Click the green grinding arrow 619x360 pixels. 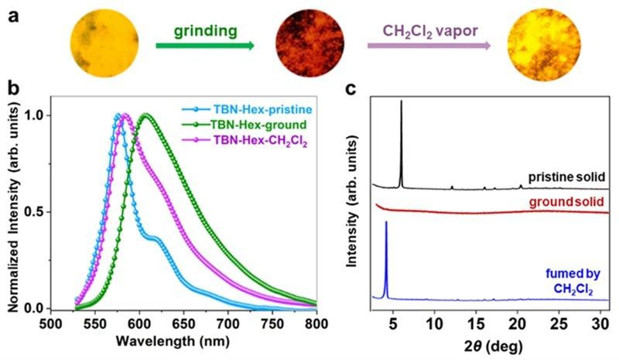pos(205,46)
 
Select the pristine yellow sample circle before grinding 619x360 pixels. pos(104,43)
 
